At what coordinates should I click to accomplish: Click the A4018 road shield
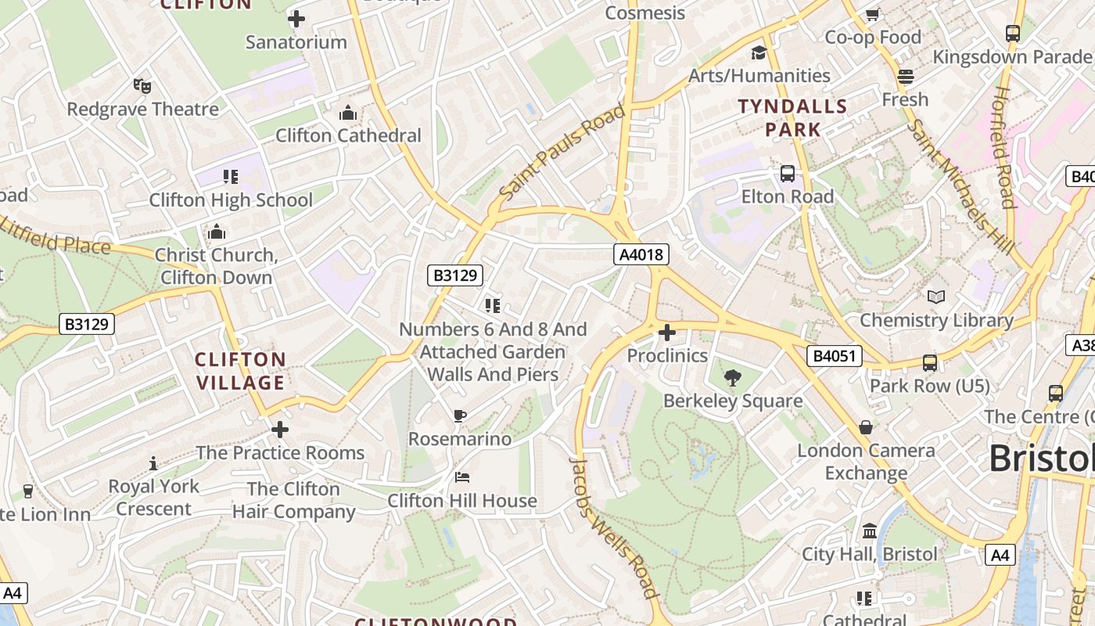(x=641, y=254)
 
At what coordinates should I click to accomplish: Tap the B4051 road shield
(x=834, y=357)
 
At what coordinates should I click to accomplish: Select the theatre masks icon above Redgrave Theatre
(x=142, y=86)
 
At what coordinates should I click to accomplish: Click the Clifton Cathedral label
(x=348, y=135)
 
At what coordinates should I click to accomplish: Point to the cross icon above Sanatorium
(x=296, y=19)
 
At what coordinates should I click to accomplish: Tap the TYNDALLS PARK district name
(x=793, y=117)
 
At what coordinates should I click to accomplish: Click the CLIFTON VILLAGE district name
(x=240, y=371)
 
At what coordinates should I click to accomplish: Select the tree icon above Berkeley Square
(x=733, y=379)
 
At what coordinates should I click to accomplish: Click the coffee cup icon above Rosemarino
(x=460, y=416)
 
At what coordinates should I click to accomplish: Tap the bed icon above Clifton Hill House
(x=462, y=477)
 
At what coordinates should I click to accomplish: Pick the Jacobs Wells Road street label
(x=612, y=527)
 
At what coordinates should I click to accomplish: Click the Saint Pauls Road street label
(x=562, y=151)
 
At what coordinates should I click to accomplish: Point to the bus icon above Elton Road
(x=788, y=174)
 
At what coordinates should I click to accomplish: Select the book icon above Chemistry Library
(x=936, y=297)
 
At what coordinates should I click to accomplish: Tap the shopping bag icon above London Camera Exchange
(x=866, y=427)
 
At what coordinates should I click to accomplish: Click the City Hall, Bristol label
(x=869, y=554)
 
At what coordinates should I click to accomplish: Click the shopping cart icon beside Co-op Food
(x=873, y=14)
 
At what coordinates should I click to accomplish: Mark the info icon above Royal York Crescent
(x=153, y=463)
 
